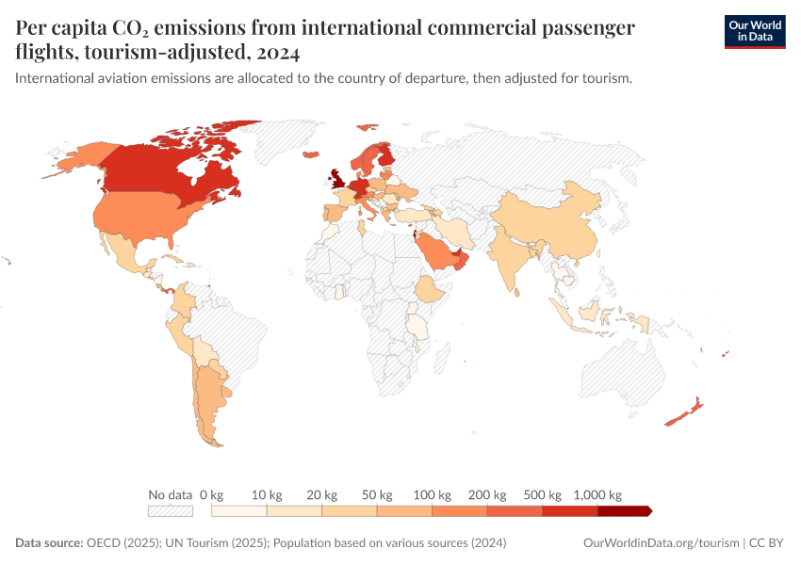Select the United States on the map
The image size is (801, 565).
(x=151, y=218)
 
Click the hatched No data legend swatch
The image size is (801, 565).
(x=171, y=511)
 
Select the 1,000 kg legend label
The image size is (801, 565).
(x=597, y=494)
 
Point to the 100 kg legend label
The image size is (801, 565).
(x=433, y=494)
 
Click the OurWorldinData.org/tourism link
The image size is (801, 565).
(x=660, y=543)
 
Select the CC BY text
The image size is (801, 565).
(x=767, y=543)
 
